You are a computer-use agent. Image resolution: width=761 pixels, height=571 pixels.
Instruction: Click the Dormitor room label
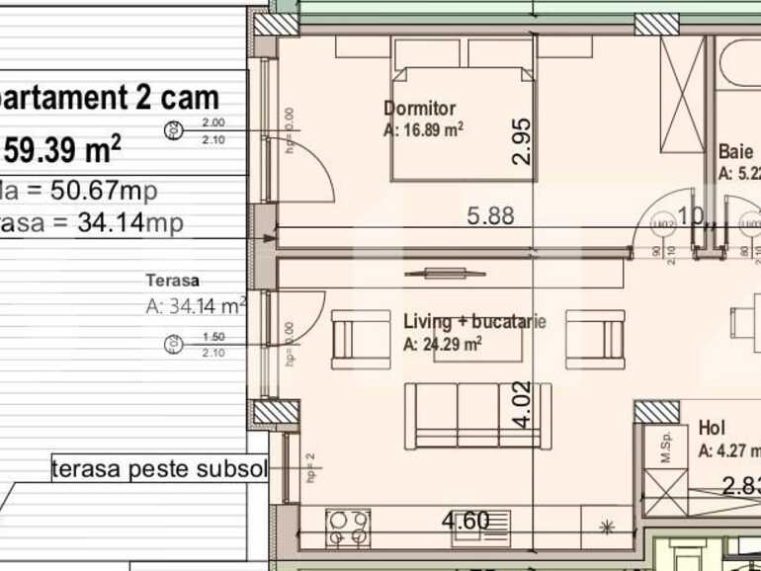point(419,108)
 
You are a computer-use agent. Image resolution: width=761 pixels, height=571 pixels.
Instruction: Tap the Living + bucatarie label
point(474,321)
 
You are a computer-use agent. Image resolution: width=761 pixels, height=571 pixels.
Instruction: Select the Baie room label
point(736,152)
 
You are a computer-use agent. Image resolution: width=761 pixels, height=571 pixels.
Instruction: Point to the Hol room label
point(712,428)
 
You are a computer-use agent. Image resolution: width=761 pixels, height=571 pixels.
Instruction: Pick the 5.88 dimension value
point(489,215)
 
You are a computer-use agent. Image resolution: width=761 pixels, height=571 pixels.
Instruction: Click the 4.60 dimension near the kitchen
point(465,520)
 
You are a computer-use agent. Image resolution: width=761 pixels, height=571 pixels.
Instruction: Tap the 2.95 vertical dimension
point(523,139)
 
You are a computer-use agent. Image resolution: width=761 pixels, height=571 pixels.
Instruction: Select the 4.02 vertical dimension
point(521,405)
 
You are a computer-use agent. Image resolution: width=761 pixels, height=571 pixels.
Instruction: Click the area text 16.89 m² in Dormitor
point(424,129)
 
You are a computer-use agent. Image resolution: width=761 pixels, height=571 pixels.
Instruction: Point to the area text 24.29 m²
point(443,344)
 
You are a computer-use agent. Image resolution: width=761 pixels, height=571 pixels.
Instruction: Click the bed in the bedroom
point(464,114)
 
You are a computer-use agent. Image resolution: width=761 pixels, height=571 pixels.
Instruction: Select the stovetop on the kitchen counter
point(348,527)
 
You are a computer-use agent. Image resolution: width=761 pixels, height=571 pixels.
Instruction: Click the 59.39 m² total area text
point(63,150)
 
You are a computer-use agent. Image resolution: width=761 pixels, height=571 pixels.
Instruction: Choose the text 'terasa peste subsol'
point(159,469)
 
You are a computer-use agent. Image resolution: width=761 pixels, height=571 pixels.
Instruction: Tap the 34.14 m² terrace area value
point(196,306)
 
